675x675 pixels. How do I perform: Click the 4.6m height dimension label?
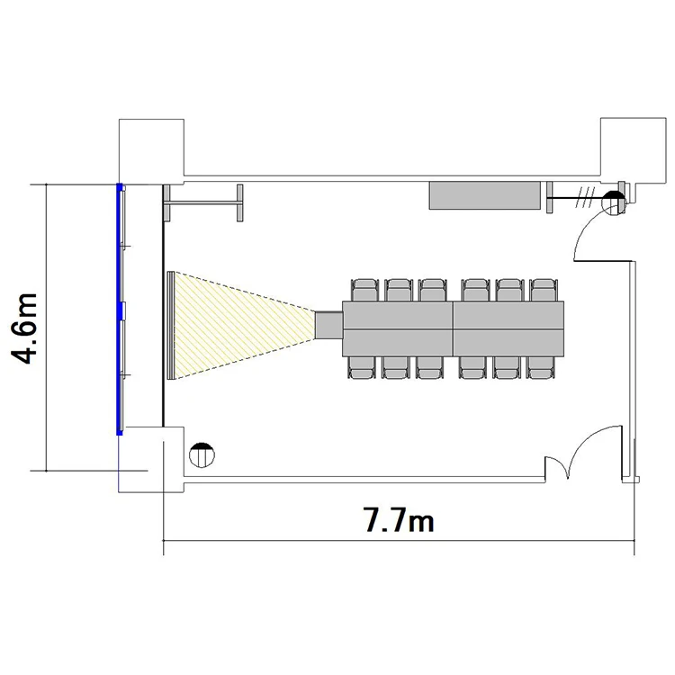24,328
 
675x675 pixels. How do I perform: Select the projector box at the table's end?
328,324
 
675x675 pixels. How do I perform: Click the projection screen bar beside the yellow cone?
170,326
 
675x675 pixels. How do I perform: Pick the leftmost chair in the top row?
365,290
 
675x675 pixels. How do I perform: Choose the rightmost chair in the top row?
544,290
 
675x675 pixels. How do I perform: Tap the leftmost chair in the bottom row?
362,368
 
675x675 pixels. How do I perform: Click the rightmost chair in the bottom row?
541,368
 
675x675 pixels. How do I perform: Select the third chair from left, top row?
432,290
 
